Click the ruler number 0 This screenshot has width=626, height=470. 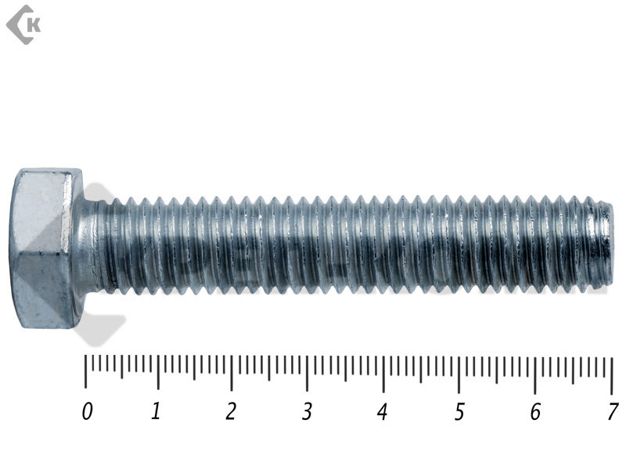[x=88, y=411]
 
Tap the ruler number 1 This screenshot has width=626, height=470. [x=156, y=410]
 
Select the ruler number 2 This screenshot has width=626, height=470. [x=231, y=411]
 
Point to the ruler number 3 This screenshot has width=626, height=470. [x=307, y=411]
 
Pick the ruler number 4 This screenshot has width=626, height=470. [x=383, y=411]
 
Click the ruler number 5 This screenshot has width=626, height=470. [x=459, y=411]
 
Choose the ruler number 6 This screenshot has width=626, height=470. [x=535, y=411]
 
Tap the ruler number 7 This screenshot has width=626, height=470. [x=613, y=411]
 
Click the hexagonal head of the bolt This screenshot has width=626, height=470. [x=46, y=248]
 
